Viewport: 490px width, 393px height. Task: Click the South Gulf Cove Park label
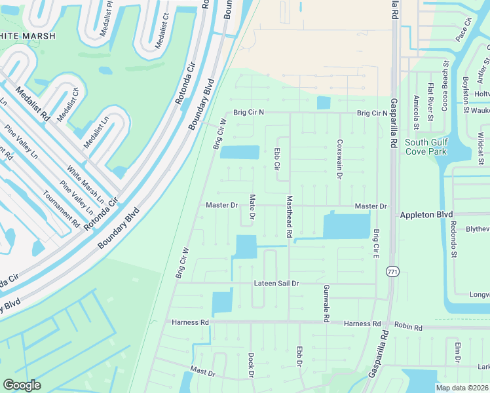pyautogui.click(x=426, y=147)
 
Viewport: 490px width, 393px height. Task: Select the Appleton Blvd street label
pyautogui.click(x=426, y=214)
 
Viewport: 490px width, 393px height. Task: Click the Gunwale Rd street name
pyautogui.click(x=326, y=303)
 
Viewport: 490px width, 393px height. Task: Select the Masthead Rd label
pyautogui.click(x=288, y=216)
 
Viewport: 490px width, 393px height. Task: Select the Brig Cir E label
pyautogui.click(x=376, y=242)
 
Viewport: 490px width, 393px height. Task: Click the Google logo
pyautogui.click(x=22, y=385)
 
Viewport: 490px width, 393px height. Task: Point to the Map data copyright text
pyautogui.click(x=462, y=388)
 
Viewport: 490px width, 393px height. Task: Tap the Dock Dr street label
pyautogui.click(x=251, y=366)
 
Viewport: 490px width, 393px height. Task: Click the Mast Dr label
pyautogui.click(x=202, y=371)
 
